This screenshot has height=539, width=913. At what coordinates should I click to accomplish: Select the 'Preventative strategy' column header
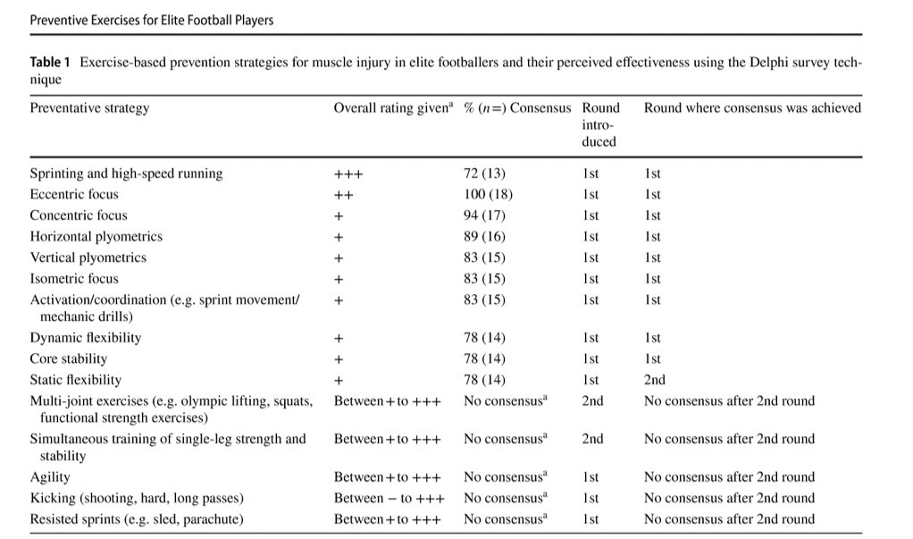tap(89, 108)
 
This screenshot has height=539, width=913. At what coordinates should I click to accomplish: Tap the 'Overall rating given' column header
tap(393, 108)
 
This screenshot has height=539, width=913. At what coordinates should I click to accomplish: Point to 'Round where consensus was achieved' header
tap(752, 108)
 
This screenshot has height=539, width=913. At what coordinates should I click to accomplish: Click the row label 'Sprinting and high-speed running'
tap(126, 173)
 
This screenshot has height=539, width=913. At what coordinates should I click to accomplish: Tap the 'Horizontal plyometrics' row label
tap(96, 237)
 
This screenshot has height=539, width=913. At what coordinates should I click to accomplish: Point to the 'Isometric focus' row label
tap(74, 279)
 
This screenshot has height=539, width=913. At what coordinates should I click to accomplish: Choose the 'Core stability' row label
tap(69, 358)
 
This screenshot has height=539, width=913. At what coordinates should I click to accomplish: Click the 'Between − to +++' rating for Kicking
tap(389, 498)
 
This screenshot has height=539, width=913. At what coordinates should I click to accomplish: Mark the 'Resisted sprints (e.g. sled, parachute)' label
tap(138, 519)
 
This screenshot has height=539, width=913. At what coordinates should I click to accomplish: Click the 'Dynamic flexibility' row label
tap(86, 338)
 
